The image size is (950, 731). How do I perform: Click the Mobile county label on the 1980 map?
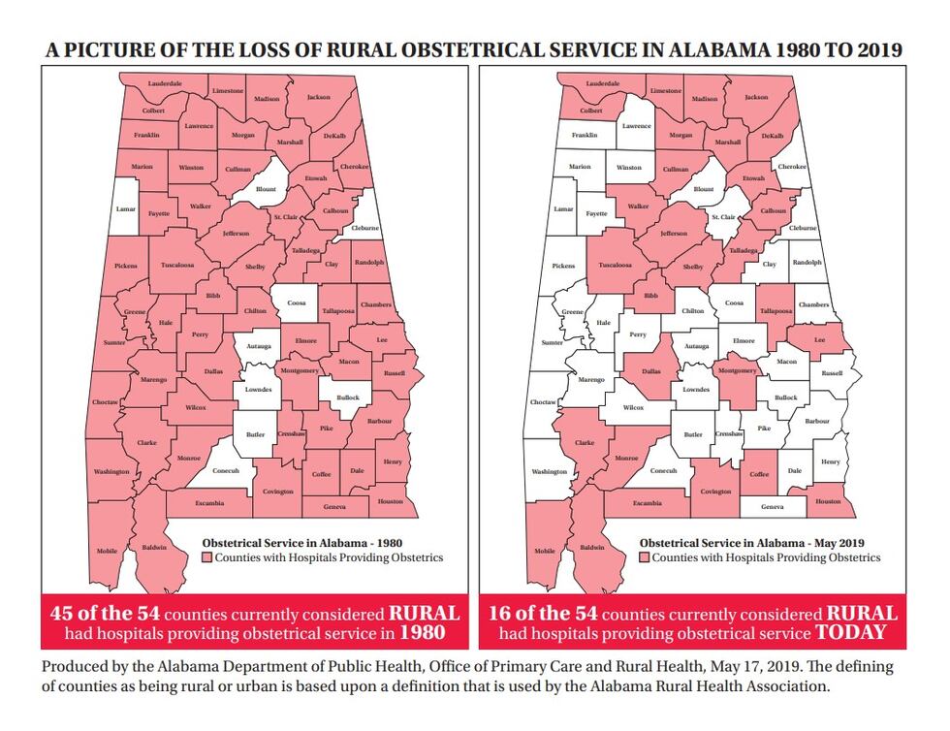[107, 551]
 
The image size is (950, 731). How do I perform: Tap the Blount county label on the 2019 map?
[704, 190]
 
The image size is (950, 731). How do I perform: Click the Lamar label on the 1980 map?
[127, 208]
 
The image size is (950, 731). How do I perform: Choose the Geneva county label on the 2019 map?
[773, 507]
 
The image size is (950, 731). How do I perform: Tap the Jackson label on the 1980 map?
[319, 98]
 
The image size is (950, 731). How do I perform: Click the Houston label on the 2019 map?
[829, 501]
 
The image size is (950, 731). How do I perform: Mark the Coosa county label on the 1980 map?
[296, 303]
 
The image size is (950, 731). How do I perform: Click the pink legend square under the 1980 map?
[207, 558]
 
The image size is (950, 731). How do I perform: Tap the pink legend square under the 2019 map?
[645, 558]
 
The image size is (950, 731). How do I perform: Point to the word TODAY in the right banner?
[851, 633]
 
